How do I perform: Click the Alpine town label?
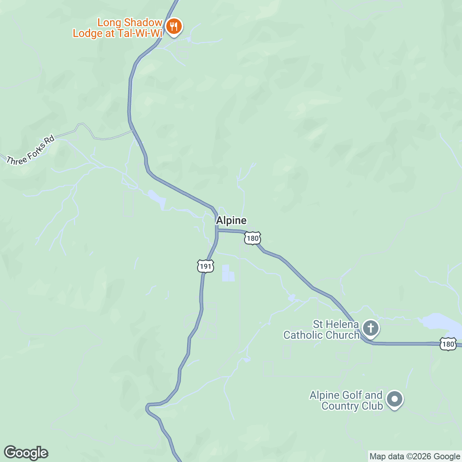pos(231,220)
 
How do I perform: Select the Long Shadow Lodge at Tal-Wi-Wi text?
pos(117,28)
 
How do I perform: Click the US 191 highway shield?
pos(206,266)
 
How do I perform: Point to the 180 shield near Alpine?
pos(253,238)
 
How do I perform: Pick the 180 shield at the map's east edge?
pos(448,344)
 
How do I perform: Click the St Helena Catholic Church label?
pos(321,330)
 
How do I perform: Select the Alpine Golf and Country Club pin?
pos(394,400)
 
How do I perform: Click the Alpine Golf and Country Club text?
pos(346,400)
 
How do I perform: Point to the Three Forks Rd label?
pos(30,151)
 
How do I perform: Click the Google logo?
pos(26,453)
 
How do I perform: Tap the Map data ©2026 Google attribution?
pos(415,457)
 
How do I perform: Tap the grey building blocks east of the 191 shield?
pos(228,273)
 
